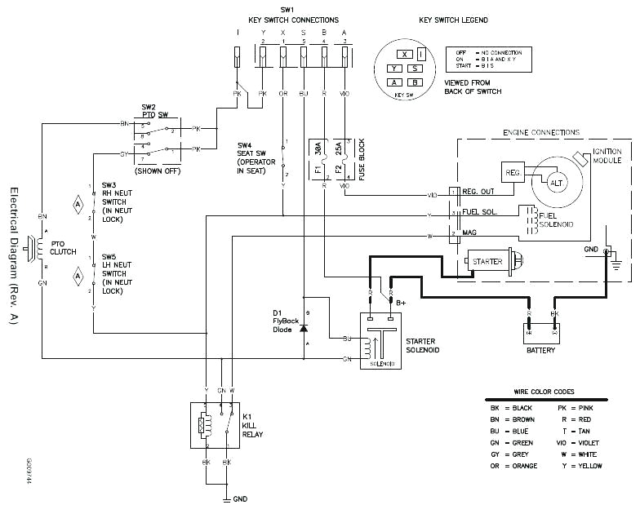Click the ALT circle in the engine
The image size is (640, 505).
(558, 184)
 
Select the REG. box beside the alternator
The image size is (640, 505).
(513, 173)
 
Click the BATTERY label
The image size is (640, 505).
(540, 350)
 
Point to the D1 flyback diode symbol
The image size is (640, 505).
(304, 328)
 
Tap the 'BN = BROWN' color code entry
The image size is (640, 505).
(513, 419)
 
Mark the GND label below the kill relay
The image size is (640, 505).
(240, 498)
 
